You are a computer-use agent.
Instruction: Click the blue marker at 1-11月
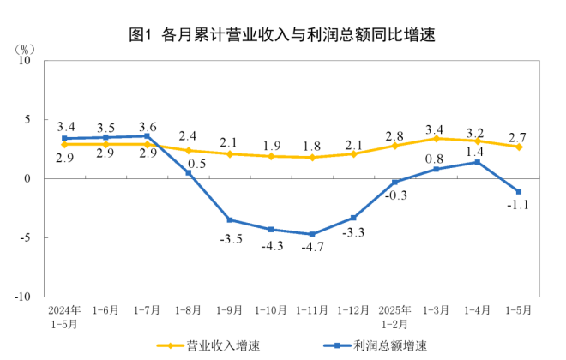pos(312,234)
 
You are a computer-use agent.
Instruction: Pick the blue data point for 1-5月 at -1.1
pos(519,191)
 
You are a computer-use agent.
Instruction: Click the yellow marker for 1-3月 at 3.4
pos(437,138)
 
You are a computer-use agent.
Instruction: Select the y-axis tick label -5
pos(25,237)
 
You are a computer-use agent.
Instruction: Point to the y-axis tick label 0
pos(27,178)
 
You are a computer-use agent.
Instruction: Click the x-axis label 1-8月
pos(188,309)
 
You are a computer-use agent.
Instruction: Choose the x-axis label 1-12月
pos(353,309)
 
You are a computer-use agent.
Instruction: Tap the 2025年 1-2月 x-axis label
pos(394,315)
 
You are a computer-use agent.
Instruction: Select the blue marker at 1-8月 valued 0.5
pos(189,172)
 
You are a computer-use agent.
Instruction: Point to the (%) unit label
pos(25,48)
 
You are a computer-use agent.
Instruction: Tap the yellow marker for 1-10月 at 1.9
pos(271,156)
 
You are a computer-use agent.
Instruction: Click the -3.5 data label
pos(229,237)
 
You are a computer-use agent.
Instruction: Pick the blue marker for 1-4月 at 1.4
pos(478,162)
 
